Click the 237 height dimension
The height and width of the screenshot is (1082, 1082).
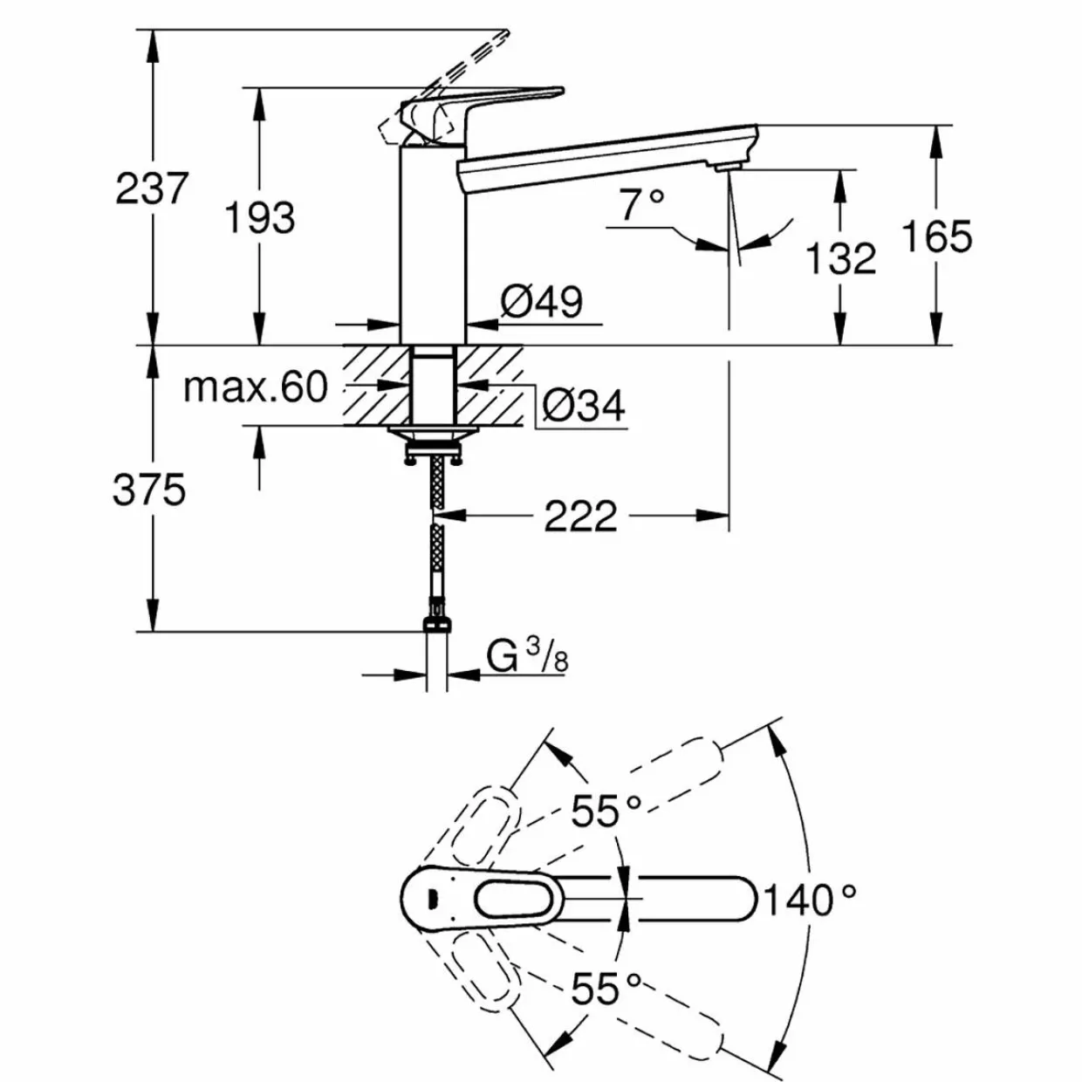coord(150,188)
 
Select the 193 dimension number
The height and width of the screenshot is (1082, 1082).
coord(260,218)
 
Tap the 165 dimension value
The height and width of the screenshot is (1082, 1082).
coord(936,236)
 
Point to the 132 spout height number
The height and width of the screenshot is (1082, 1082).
coord(840,259)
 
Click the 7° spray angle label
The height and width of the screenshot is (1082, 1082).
coord(642,204)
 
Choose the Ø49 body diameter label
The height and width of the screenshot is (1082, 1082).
coord(541,302)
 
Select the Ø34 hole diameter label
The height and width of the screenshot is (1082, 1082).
coord(584,406)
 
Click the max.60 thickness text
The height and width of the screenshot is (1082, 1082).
coord(256,387)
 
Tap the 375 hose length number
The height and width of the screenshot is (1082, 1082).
coord(149,490)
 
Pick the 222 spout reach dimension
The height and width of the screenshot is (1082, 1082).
coord(580,516)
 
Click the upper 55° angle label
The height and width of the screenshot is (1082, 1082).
coord(606,811)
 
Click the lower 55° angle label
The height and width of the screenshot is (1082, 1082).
coord(606,988)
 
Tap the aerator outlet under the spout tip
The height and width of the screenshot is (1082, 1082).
coord(729,165)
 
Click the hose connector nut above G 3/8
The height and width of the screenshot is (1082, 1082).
coord(435,624)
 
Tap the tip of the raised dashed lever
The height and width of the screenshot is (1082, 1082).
coord(508,32)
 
